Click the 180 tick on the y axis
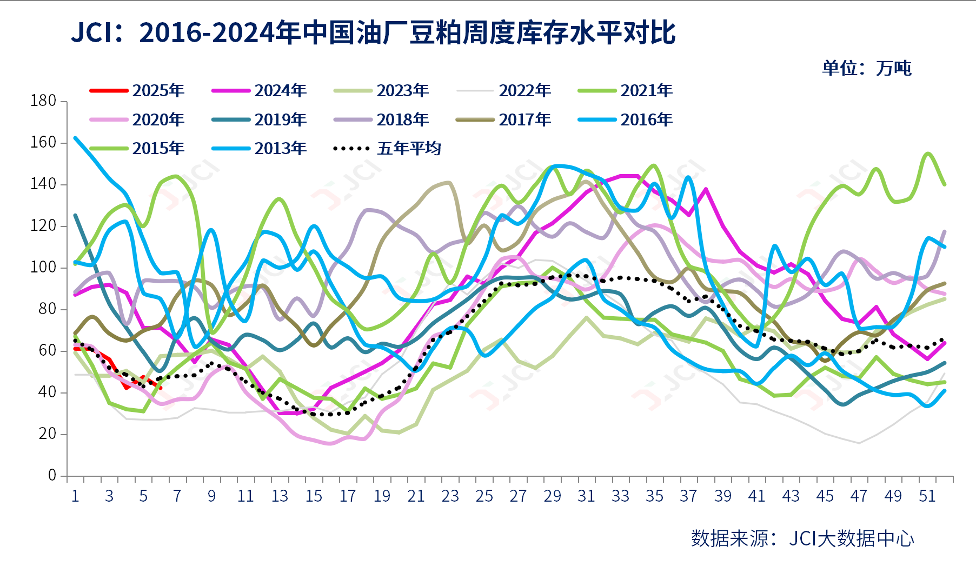(44, 101)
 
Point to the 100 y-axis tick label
(44, 268)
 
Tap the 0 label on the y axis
(52, 476)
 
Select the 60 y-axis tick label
(48, 351)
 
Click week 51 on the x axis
(927, 496)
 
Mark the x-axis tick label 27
(518, 496)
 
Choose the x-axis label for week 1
(75, 496)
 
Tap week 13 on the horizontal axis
(280, 496)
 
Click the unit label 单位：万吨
(866, 69)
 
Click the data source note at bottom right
(802, 538)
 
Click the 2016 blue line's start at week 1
(75, 138)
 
